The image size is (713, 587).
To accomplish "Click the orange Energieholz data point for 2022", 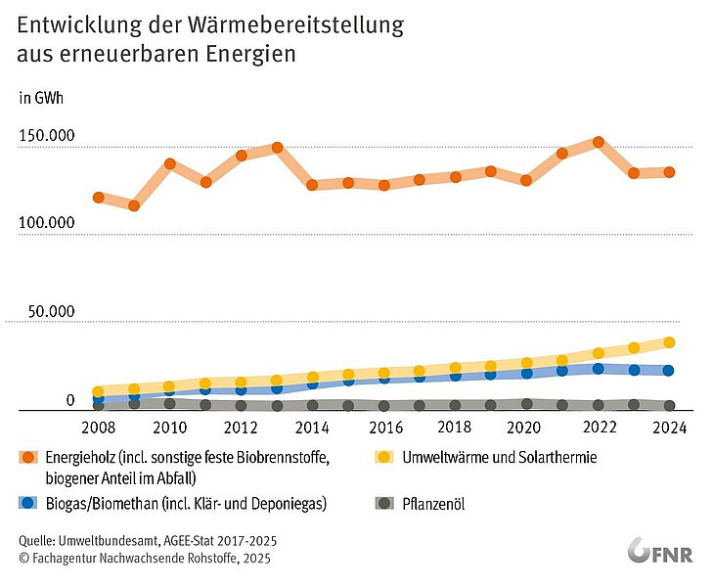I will tap(598, 142).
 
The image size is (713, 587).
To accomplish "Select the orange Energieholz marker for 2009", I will tap(134, 205).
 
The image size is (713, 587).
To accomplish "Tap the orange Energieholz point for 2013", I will tap(277, 148).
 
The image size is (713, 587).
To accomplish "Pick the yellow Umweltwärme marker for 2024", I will tap(669, 342).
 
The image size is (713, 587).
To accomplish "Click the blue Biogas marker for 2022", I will tap(598, 369).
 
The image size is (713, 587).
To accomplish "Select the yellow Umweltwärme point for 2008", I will tap(99, 391).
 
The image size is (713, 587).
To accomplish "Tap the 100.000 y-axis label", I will tap(47, 223).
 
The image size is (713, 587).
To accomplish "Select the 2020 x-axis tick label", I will tap(526, 428).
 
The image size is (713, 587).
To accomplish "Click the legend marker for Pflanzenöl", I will tap(384, 503).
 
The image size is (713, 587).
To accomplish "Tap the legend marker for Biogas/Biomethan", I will tap(29, 503).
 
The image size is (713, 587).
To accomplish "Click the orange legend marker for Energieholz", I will tap(29, 457).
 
